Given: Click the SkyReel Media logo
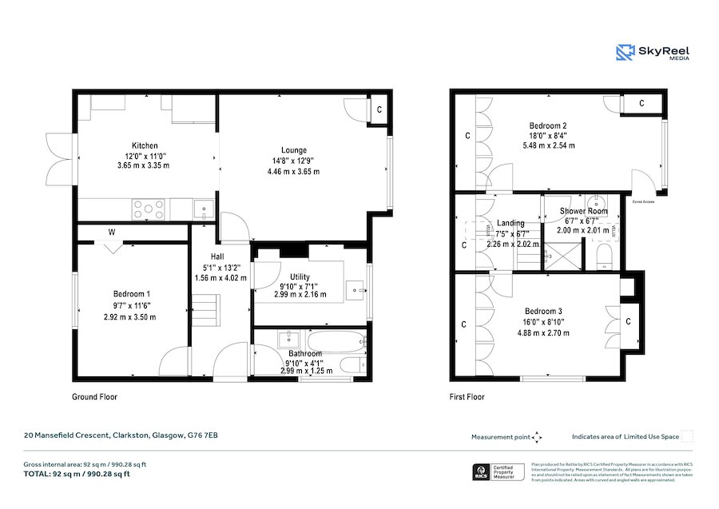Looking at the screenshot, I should point(653,53).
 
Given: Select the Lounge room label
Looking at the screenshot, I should point(293,149).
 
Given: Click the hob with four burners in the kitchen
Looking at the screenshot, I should point(148,209).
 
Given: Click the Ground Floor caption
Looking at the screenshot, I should point(96,396).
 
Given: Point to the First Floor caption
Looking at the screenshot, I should point(467,396).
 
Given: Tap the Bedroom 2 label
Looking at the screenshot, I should point(548,125).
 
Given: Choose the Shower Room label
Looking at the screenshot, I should point(583,212).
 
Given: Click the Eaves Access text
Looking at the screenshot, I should point(643,202).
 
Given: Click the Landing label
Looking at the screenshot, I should point(510,224).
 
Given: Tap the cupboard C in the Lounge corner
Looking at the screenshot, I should point(379,109).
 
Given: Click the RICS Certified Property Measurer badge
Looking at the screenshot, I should point(496,472).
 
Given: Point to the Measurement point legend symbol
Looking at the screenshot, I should point(537,437).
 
